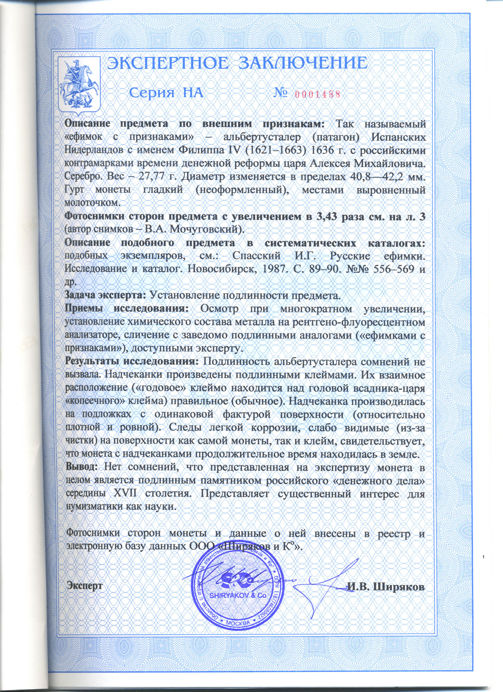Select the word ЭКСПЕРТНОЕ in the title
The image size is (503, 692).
pyautogui.click(x=168, y=64)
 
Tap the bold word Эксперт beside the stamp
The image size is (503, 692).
pyautogui.click(x=84, y=586)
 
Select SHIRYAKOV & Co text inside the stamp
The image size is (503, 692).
pyautogui.click(x=238, y=595)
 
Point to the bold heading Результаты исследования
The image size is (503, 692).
pyautogui.click(x=132, y=362)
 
